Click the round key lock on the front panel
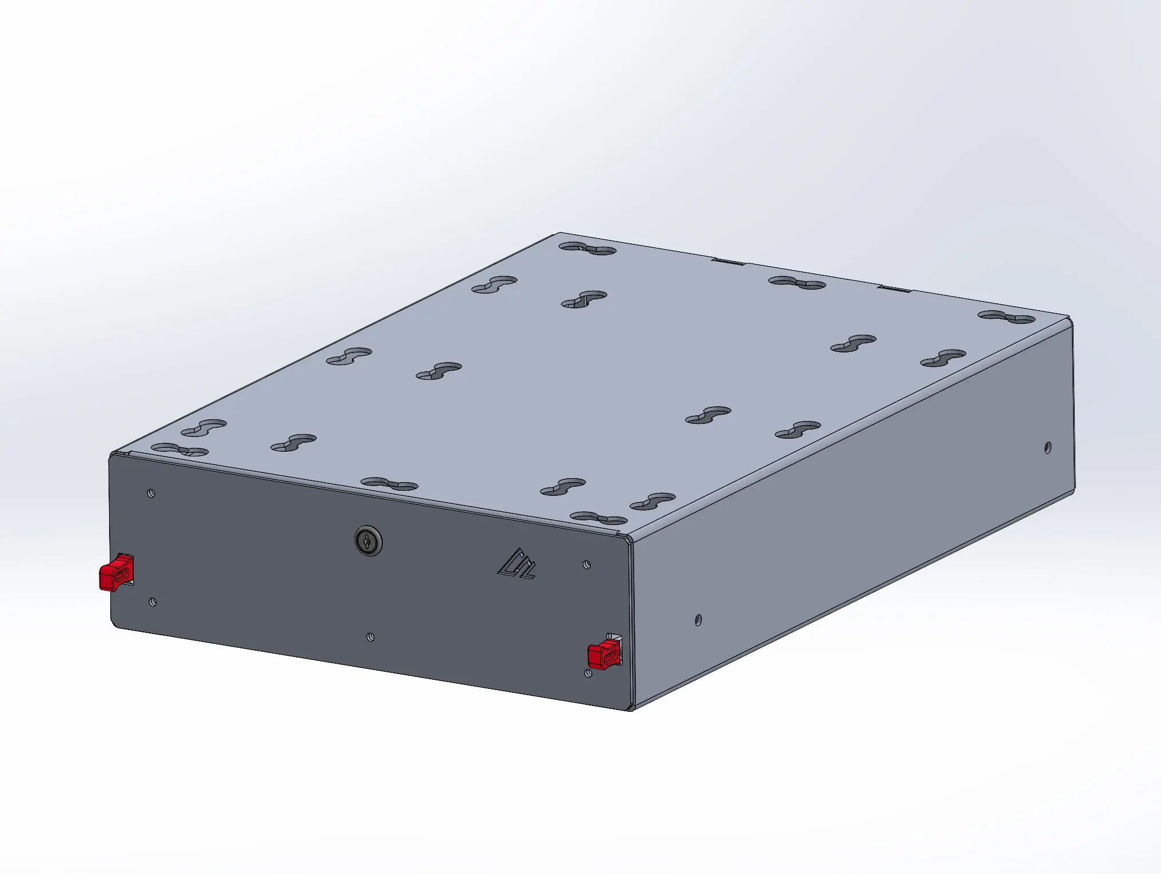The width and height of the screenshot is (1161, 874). pyautogui.click(x=369, y=540)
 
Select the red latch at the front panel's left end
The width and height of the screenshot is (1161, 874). pyautogui.click(x=117, y=572)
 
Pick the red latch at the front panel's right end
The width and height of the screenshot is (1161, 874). pyautogui.click(x=604, y=653)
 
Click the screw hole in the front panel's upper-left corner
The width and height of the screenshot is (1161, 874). pyautogui.click(x=151, y=493)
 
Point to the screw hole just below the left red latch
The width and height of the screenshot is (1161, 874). pyautogui.click(x=153, y=602)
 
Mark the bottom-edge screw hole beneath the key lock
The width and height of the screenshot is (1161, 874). pyautogui.click(x=370, y=636)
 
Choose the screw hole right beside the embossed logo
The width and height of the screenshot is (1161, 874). pyautogui.click(x=586, y=564)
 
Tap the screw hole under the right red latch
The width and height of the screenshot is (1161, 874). pyautogui.click(x=588, y=674)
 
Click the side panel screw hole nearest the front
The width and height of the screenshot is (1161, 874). pyautogui.click(x=698, y=619)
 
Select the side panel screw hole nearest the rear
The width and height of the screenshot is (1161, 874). pyautogui.click(x=1047, y=447)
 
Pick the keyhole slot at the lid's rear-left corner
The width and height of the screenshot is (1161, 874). pyautogui.click(x=587, y=248)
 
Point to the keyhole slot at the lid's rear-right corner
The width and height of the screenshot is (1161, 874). pyautogui.click(x=1006, y=317)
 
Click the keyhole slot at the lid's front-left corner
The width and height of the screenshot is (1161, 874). pyautogui.click(x=179, y=450)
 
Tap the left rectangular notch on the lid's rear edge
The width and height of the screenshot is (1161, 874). pyautogui.click(x=728, y=262)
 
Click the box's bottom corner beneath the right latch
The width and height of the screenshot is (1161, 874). pyautogui.click(x=631, y=709)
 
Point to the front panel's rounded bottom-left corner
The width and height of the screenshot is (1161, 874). pyautogui.click(x=115, y=624)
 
